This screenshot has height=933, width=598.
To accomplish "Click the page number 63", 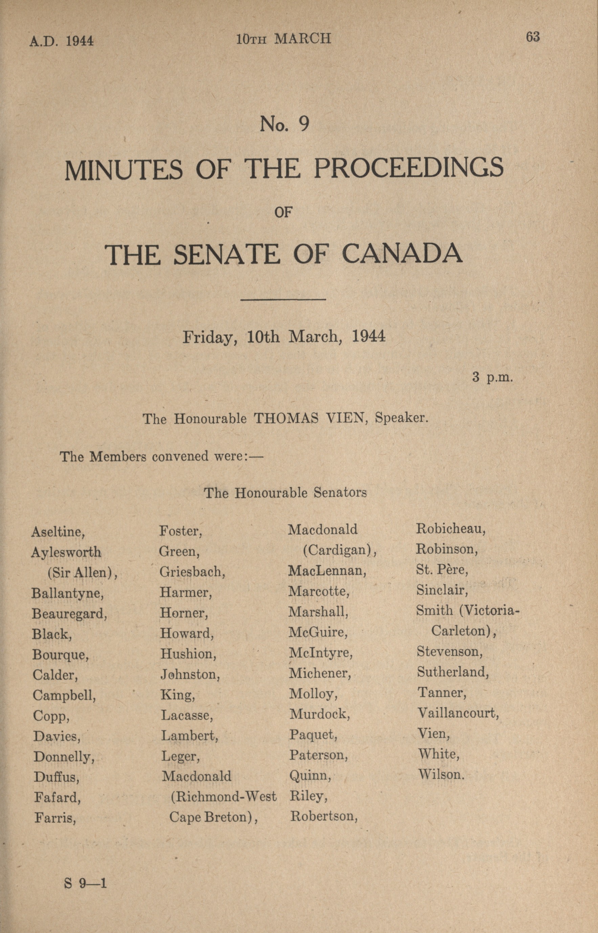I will click(532, 37).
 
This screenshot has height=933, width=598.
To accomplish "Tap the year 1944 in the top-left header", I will click(79, 40).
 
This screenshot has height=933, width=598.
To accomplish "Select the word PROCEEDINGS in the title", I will click(408, 169).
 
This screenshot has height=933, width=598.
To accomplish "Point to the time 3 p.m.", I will click(492, 377).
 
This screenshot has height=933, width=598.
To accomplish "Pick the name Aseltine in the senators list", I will click(58, 531).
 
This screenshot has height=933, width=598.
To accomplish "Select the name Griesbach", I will click(192, 572).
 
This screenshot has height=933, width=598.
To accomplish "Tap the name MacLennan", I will click(327, 570).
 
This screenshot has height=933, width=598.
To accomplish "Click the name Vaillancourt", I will click(458, 713).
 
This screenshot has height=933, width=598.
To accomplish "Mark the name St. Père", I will click(442, 570).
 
